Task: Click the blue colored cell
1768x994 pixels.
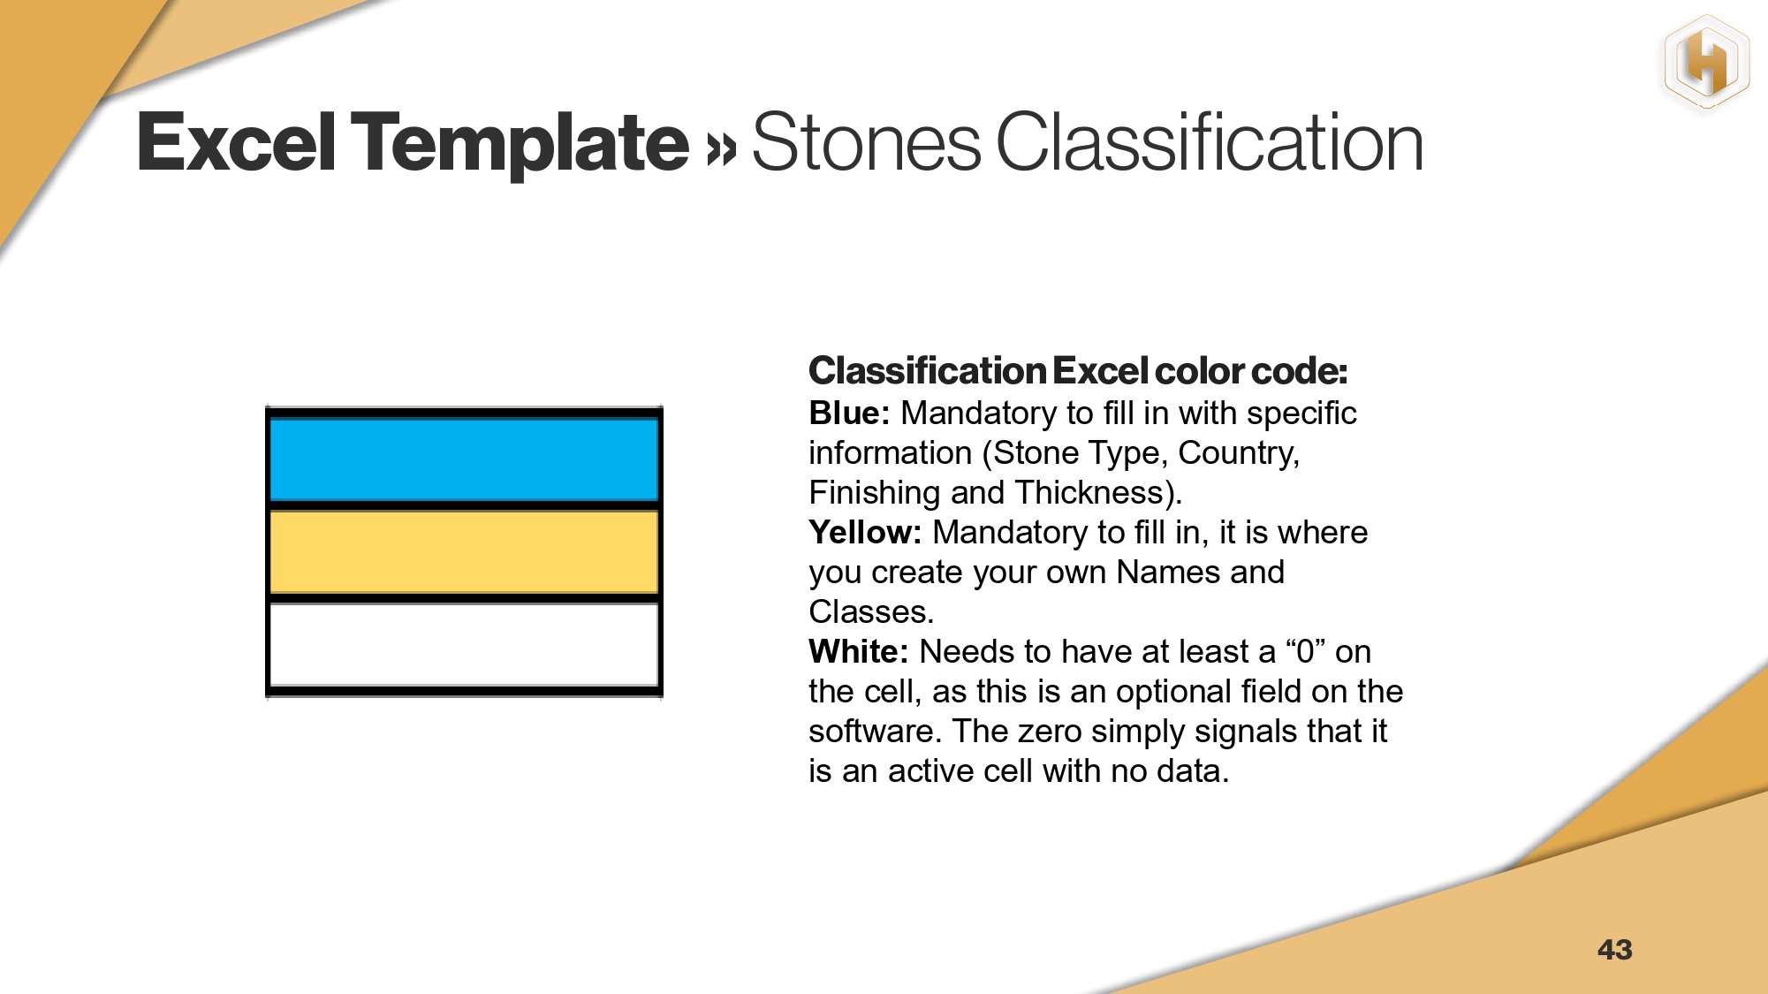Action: (x=464, y=459)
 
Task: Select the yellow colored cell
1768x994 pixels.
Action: (x=464, y=552)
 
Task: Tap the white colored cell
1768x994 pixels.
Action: (x=464, y=645)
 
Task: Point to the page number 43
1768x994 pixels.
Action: (x=1614, y=950)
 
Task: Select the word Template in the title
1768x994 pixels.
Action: (x=520, y=145)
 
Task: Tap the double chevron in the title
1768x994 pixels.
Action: (x=721, y=148)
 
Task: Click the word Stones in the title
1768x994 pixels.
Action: (x=866, y=142)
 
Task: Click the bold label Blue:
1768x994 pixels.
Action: (x=849, y=414)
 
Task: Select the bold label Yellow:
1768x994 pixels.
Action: (x=865, y=533)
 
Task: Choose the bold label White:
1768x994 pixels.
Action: (x=858, y=652)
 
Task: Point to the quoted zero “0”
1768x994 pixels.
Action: (x=1305, y=652)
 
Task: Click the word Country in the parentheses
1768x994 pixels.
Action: (x=1237, y=454)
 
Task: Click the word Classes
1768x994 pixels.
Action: (x=870, y=612)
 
